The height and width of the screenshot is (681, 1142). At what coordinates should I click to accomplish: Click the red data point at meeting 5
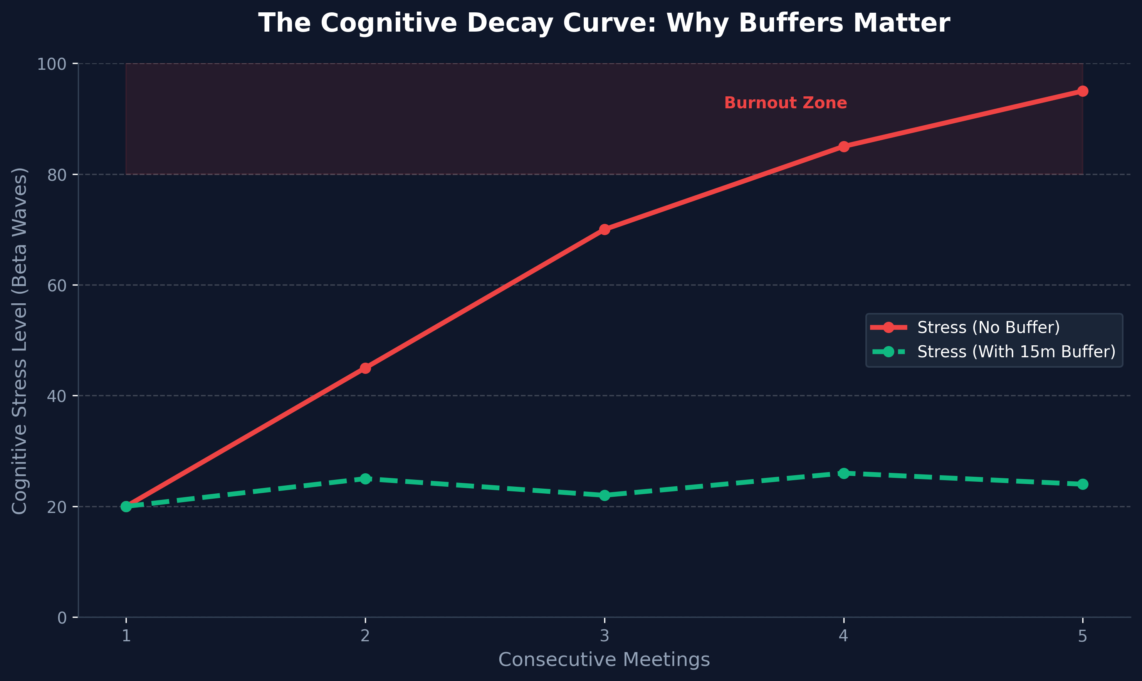tap(1082, 91)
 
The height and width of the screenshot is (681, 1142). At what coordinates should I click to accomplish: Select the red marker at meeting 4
tap(843, 147)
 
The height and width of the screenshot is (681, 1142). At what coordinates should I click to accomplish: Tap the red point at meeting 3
tap(605, 229)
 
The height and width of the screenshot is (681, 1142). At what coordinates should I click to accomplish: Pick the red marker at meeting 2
tap(365, 368)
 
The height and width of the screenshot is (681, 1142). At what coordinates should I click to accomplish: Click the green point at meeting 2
tap(365, 479)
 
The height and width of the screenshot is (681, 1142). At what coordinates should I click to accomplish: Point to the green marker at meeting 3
tap(605, 495)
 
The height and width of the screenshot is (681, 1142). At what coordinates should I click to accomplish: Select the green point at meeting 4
tap(843, 473)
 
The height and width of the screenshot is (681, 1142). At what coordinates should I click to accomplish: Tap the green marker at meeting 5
tap(1082, 484)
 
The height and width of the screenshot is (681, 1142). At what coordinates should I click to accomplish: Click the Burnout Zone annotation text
tap(785, 103)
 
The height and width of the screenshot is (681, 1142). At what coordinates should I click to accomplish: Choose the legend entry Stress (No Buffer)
tap(988, 327)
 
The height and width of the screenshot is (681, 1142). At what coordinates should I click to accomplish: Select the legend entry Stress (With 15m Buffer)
tap(1016, 351)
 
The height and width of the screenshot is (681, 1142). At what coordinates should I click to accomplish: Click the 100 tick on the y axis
tap(51, 64)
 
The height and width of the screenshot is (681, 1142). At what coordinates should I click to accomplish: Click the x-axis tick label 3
tap(605, 636)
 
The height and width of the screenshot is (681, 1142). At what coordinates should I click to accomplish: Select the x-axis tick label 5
tap(1082, 636)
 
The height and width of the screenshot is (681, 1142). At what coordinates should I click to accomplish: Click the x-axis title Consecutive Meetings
tap(604, 660)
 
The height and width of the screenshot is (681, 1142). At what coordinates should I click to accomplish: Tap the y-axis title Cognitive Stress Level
tap(19, 341)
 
